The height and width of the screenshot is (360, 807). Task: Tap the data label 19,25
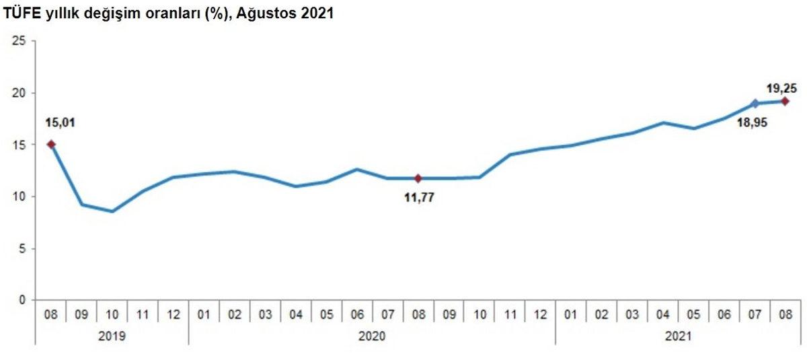[781, 87]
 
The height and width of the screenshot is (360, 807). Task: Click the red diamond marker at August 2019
[51, 144]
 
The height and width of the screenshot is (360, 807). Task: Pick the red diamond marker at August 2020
[418, 178]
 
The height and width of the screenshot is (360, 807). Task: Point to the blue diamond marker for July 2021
[755, 104]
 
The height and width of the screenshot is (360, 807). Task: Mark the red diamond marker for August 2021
[785, 101]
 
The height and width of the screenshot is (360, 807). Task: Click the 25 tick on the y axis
[20, 41]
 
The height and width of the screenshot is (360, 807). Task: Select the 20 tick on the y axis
[20, 93]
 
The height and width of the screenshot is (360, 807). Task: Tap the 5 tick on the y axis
[22, 248]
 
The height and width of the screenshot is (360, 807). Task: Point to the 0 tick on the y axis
[22, 300]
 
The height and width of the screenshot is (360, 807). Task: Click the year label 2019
[112, 334]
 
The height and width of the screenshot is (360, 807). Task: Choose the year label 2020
[372, 334]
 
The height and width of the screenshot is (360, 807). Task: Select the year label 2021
[678, 334]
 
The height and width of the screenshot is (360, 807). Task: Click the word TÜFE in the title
[20, 13]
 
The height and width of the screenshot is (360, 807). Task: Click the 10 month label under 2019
[112, 314]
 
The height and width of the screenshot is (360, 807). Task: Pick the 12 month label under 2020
[540, 314]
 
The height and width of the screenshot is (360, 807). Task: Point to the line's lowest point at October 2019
[112, 211]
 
